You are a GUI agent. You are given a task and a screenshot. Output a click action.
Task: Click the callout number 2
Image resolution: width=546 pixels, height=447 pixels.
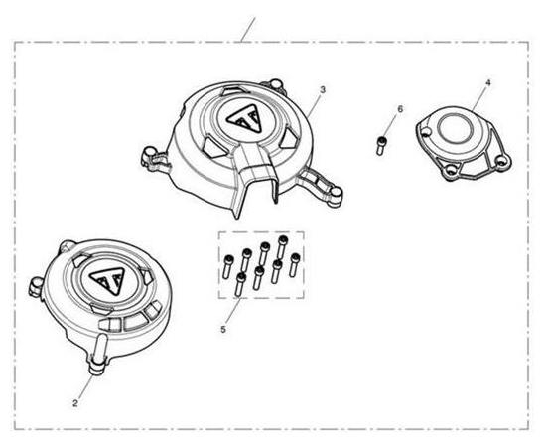[x=75, y=404]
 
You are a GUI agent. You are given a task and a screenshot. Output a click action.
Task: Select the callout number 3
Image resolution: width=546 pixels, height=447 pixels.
[x=323, y=89]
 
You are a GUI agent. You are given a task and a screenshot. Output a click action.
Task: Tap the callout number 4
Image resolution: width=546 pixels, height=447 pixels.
[x=488, y=82]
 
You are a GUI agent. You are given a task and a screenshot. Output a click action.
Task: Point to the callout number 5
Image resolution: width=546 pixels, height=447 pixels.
[x=223, y=329]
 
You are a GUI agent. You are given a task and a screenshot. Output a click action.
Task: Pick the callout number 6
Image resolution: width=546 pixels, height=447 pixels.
[x=400, y=109]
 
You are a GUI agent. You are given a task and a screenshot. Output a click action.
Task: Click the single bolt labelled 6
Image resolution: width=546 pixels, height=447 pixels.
[x=381, y=145]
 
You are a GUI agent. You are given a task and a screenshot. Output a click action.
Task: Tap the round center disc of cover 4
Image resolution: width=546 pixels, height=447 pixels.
[x=454, y=128]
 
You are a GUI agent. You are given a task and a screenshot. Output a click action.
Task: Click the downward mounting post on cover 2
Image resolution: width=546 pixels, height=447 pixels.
[x=97, y=355]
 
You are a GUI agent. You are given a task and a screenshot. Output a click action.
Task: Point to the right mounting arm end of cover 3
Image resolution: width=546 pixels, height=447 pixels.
[x=335, y=192]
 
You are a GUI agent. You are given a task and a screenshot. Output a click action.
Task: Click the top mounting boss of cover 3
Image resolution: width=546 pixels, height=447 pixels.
[x=276, y=84]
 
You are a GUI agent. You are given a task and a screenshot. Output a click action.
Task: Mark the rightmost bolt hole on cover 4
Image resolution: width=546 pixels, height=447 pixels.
[x=501, y=161]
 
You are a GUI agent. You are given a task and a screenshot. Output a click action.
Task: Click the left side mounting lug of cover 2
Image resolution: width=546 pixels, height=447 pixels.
[x=36, y=285]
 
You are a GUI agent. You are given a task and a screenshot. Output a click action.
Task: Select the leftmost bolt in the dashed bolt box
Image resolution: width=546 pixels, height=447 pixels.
[x=228, y=266]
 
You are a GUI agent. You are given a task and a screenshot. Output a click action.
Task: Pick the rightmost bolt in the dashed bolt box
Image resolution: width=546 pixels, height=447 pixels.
[x=295, y=265]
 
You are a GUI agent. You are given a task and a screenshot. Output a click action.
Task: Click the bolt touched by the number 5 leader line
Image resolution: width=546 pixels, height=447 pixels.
[x=240, y=285]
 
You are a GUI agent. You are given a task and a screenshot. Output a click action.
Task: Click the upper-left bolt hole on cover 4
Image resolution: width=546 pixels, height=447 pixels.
[x=426, y=131]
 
